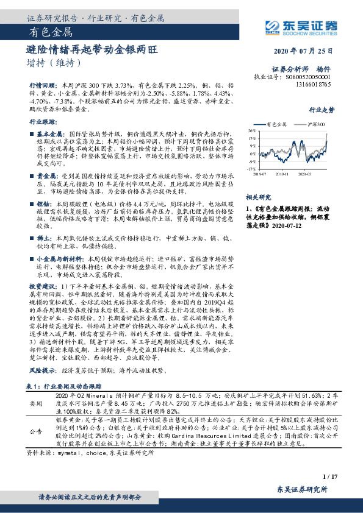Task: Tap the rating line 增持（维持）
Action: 53,62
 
